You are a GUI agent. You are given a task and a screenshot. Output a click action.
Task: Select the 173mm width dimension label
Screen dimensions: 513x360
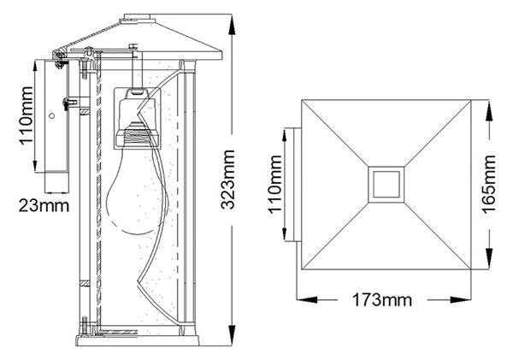(x=382, y=300)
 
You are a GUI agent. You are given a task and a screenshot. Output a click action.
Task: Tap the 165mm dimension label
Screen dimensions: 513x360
(x=489, y=185)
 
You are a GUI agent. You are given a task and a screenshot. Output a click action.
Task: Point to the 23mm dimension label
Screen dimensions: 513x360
(x=44, y=206)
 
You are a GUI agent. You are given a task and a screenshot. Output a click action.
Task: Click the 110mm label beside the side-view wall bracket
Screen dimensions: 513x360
(x=27, y=115)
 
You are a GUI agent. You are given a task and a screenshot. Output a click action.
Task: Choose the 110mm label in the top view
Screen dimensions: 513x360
(x=275, y=185)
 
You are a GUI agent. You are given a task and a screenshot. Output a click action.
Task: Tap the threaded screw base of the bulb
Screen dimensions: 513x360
(x=138, y=134)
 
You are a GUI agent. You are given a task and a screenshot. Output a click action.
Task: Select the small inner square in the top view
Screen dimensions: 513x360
(x=386, y=185)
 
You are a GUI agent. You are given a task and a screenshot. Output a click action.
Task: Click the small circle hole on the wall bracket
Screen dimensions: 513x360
(x=51, y=115)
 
